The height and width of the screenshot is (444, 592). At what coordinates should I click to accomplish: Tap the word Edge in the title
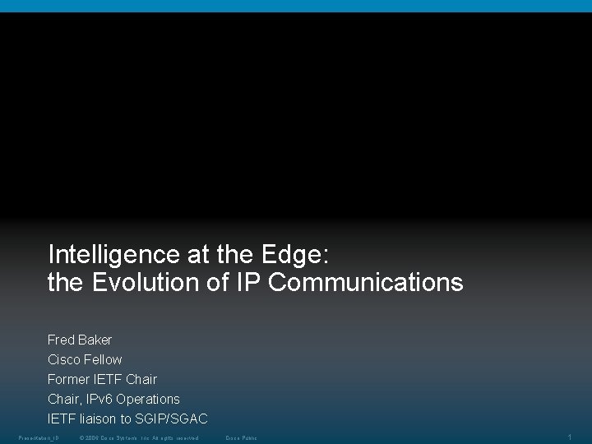295,255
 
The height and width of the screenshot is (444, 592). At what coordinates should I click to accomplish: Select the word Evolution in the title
146,283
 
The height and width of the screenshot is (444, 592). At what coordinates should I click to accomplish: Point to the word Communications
366,283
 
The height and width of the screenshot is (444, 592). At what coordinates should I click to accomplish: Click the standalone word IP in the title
249,283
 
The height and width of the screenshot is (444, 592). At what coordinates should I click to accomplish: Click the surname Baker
95,340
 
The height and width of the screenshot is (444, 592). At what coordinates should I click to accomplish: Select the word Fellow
103,359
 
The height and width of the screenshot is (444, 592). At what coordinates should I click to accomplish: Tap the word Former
67,379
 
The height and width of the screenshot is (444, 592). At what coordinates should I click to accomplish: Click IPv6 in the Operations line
99,399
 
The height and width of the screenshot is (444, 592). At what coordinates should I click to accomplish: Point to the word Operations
148,399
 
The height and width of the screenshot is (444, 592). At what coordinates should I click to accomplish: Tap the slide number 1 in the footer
570,437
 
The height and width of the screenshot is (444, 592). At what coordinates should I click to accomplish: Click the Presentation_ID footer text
39,437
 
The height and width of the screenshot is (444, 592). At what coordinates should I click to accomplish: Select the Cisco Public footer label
241,437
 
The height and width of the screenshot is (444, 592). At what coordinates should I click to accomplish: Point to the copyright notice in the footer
138,437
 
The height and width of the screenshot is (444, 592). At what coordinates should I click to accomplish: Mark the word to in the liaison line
126,419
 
